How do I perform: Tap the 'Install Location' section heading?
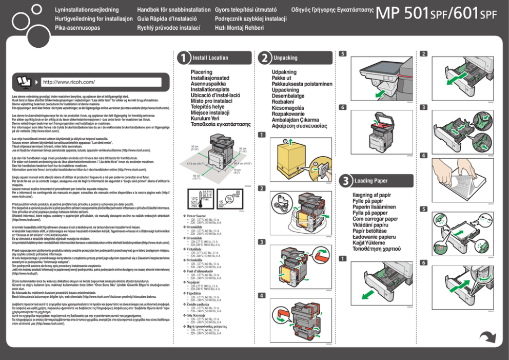click(210, 58)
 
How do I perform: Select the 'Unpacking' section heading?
click(285, 58)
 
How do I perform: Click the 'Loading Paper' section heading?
click(371, 181)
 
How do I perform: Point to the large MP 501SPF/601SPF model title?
click(437, 15)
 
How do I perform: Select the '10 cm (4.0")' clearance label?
click(237, 170)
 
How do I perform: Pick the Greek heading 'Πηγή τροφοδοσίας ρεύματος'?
click(208, 326)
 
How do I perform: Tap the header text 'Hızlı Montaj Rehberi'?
click(239, 28)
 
